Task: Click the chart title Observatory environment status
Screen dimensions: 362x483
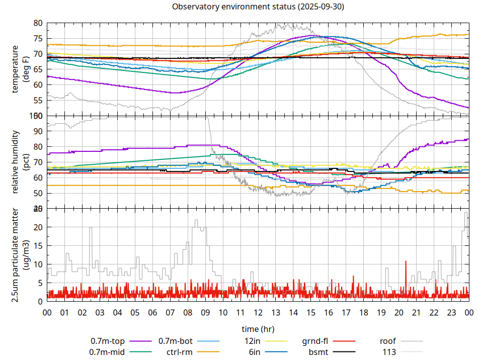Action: (258, 7)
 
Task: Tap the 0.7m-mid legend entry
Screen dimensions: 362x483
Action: (108, 352)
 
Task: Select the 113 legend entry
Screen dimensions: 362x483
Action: (389, 352)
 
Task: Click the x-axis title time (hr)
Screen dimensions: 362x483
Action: (258, 329)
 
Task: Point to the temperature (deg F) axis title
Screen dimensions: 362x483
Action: (20, 69)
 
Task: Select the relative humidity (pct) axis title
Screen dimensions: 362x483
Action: (20, 162)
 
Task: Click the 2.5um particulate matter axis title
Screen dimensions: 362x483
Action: (20, 255)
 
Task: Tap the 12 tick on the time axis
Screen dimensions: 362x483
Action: (258, 312)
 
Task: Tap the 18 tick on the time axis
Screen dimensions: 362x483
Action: (363, 312)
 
